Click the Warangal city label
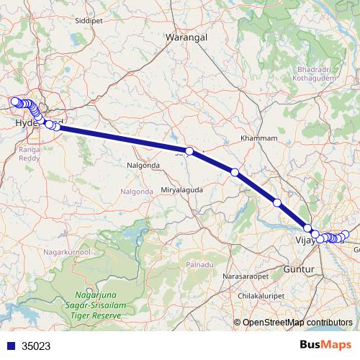point(186,35)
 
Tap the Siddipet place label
point(89,21)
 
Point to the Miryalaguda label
point(181,189)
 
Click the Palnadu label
point(202,265)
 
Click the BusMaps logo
point(325,346)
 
